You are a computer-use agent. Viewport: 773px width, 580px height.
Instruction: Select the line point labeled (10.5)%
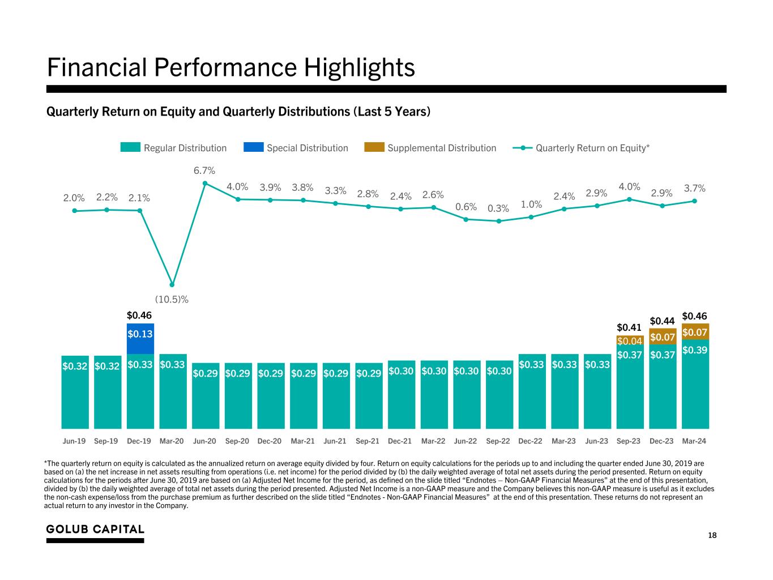[172, 284]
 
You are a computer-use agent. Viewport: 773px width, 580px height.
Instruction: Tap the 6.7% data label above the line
[204, 170]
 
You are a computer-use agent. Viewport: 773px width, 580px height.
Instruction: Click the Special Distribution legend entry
[296, 148]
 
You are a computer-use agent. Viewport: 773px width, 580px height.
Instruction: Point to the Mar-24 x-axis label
[694, 441]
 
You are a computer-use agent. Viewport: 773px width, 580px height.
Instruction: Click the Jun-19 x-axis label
[74, 441]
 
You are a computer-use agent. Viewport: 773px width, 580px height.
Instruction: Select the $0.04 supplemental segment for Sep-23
[629, 340]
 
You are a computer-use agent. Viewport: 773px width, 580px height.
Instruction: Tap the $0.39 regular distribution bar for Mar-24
[694, 385]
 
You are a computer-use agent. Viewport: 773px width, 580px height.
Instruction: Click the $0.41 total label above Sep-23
[629, 327]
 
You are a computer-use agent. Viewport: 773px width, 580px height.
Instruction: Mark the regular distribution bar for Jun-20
[205, 396]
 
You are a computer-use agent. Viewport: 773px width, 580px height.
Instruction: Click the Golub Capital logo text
[95, 529]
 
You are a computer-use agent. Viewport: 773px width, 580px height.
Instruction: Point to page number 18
[712, 535]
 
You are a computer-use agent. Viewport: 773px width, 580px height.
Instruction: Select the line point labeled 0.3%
[499, 221]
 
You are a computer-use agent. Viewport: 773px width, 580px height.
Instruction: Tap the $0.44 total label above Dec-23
[661, 321]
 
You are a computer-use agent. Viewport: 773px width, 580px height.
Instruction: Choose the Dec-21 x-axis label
[400, 441]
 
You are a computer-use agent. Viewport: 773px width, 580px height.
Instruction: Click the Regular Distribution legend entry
[173, 148]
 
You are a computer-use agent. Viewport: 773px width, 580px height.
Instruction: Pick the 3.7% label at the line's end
[694, 188]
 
